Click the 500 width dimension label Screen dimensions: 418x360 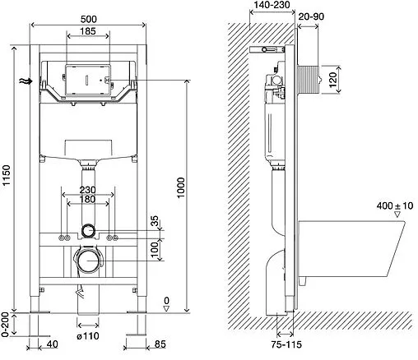click(x=89, y=19)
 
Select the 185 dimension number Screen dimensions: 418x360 click(x=88, y=31)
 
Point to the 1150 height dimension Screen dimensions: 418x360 click(x=6, y=175)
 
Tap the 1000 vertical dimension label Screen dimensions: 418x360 click(x=181, y=187)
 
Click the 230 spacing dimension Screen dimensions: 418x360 click(x=88, y=190)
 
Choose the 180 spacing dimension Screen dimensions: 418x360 click(x=87, y=199)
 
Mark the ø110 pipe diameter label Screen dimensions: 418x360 click(x=88, y=335)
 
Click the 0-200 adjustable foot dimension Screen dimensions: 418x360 click(x=6, y=325)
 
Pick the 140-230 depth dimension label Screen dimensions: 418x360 click(x=272, y=5)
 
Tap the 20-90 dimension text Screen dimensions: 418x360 click(x=311, y=16)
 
